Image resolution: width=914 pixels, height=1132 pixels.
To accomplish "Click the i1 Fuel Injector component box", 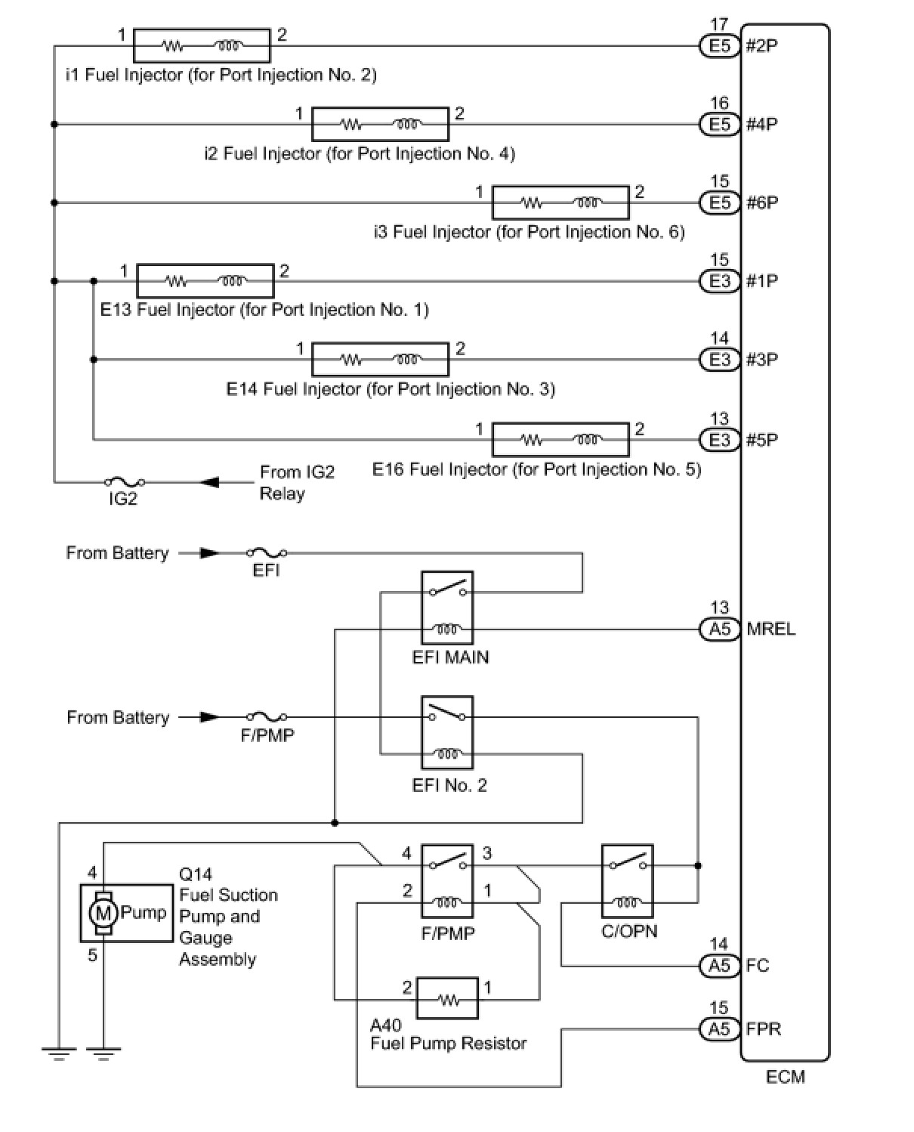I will click(202, 46).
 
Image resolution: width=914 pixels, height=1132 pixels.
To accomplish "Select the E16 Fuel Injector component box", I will click(560, 439).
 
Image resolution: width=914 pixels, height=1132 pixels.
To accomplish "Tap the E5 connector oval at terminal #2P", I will click(719, 46).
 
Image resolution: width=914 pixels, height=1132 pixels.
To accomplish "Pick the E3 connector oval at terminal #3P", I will click(719, 360).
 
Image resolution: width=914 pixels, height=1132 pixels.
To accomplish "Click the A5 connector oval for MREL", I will click(719, 629).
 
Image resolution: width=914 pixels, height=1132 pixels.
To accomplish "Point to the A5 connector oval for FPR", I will click(719, 1028).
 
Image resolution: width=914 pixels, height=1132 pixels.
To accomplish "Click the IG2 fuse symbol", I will click(124, 482).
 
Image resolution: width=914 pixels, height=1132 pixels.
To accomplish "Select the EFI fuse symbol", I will click(267, 553).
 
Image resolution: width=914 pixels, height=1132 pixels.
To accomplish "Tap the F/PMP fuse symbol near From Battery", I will click(267, 717).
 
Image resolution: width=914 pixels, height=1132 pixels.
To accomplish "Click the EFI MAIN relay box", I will click(447, 608).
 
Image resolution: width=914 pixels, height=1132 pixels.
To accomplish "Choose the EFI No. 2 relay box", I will click(447, 732).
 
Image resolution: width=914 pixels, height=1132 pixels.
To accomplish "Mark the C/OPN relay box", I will click(627, 881).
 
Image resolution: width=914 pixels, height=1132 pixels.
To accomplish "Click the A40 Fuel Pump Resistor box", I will click(447, 999).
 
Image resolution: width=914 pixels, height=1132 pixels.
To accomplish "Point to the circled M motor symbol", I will click(103, 913).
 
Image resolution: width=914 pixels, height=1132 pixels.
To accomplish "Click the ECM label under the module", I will click(785, 1077).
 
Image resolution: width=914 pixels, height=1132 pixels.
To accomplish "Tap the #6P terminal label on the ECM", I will click(761, 203).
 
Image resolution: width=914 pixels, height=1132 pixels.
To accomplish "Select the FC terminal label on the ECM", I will click(757, 965).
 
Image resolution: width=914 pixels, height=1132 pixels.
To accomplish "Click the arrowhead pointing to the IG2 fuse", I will click(209, 482).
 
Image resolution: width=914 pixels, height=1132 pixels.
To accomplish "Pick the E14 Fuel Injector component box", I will click(380, 360).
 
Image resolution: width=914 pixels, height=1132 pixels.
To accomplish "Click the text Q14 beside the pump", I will click(196, 874).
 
